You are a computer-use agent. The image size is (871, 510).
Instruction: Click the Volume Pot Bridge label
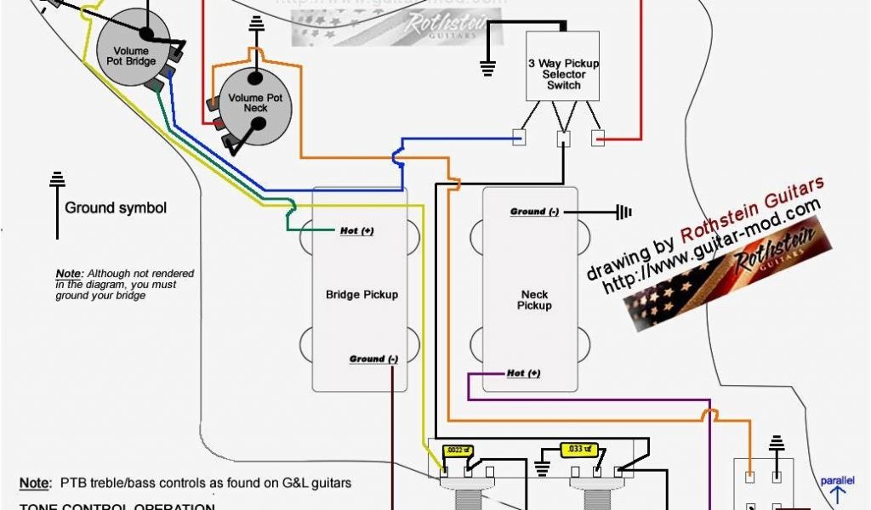[132, 57]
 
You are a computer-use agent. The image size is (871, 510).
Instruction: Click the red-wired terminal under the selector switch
[598, 138]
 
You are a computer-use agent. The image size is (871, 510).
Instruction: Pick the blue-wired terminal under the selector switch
[518, 137]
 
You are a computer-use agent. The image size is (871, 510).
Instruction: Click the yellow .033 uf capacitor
[578, 449]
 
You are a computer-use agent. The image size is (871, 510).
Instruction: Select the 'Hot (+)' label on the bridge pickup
[356, 230]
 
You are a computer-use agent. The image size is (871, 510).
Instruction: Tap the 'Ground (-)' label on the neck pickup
[534, 212]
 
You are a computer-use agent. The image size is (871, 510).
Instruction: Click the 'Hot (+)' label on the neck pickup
[523, 373]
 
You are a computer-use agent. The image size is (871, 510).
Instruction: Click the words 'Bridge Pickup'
[361, 295]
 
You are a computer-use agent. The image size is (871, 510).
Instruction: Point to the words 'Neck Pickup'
[534, 300]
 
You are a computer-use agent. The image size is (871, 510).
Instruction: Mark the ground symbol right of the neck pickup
[625, 212]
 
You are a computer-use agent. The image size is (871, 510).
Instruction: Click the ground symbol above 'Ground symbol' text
[57, 180]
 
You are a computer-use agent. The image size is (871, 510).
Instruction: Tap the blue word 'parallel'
[838, 481]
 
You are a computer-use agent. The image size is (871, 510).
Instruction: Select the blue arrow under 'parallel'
[838, 496]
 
